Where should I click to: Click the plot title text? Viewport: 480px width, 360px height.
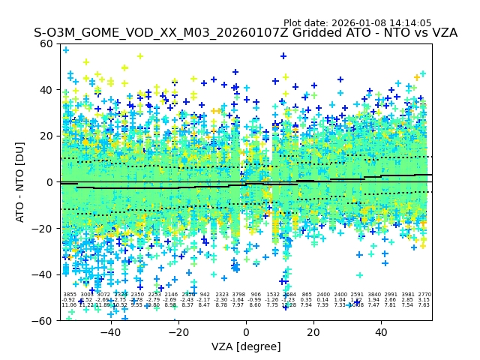click(245, 33)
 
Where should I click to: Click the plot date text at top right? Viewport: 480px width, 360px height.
click(357, 23)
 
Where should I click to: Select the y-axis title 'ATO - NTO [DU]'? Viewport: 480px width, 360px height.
click(20, 182)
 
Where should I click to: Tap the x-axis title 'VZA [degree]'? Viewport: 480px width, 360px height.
click(246, 346)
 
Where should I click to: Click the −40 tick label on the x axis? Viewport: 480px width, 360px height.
click(110, 332)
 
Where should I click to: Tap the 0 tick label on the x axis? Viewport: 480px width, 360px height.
click(246, 332)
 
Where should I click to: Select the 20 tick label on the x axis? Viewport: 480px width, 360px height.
click(313, 332)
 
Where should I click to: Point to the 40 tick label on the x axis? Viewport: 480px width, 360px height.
click(381, 332)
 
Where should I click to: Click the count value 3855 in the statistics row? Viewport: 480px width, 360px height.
click(69, 295)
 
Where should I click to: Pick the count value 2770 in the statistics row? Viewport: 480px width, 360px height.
click(424, 295)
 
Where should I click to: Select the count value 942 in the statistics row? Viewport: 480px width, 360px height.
click(205, 295)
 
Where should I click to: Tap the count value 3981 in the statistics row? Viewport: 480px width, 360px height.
click(408, 295)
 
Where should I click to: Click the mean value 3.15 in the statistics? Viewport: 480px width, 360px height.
click(424, 300)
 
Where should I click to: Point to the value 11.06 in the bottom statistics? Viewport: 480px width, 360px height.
click(69, 305)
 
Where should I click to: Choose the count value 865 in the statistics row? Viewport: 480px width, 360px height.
click(307, 295)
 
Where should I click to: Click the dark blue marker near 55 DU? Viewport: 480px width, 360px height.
click(283, 56)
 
